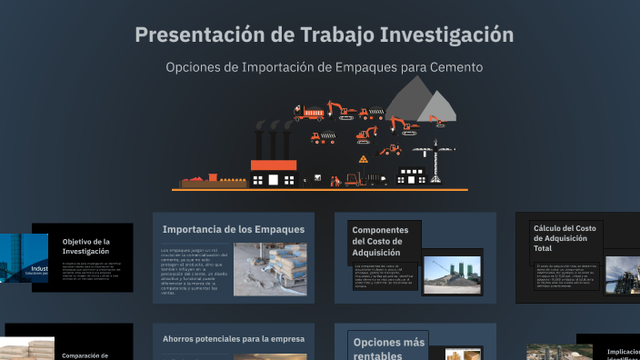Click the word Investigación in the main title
click(x=446, y=35)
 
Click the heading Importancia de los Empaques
click(x=233, y=229)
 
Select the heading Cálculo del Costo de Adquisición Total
click(x=565, y=238)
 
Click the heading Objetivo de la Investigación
click(x=86, y=246)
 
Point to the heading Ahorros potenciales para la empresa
click(x=234, y=339)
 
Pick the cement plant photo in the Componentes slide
click(x=452, y=275)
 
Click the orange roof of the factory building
click(x=274, y=165)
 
